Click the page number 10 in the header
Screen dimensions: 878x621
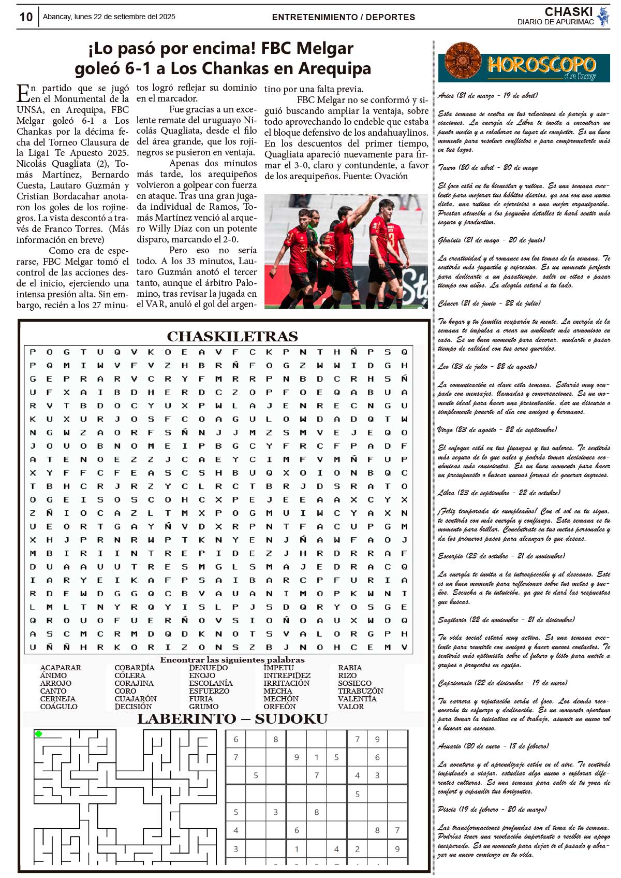tap(26, 17)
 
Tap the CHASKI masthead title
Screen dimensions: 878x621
tap(568, 12)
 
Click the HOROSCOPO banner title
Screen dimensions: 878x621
tap(541, 65)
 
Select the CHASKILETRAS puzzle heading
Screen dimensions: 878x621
tap(232, 337)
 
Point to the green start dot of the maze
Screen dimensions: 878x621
tap(38, 733)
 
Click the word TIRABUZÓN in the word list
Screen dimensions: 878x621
tap(360, 691)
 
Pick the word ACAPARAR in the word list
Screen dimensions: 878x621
tap(61, 668)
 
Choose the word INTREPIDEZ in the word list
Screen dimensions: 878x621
tap(287, 675)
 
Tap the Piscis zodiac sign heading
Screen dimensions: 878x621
tap(491, 809)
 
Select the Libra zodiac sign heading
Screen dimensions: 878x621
tap(499, 493)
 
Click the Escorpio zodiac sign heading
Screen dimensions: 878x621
tap(501, 556)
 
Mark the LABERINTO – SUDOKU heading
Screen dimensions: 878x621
tap(232, 719)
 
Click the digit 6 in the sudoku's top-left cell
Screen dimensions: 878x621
tap(236, 740)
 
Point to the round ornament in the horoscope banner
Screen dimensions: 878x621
tap(462, 61)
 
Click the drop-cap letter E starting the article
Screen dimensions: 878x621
tap(23, 93)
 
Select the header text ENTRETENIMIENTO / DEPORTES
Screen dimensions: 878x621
tap(343, 17)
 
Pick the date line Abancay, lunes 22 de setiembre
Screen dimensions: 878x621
tap(109, 17)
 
